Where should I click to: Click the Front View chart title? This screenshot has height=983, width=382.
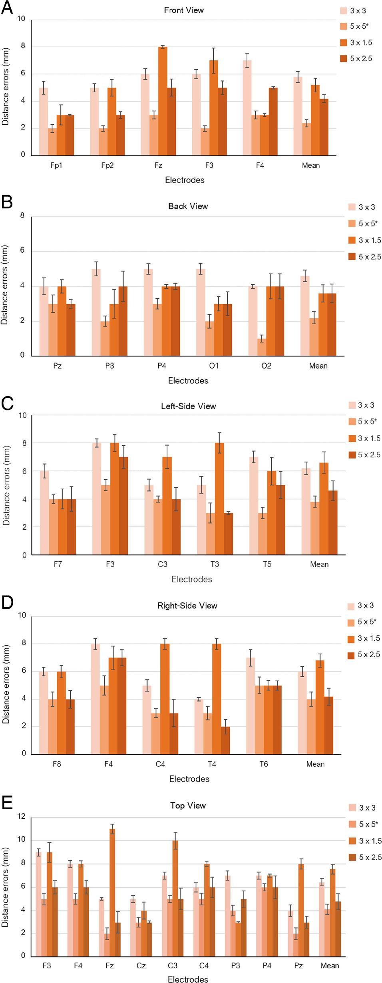(184, 10)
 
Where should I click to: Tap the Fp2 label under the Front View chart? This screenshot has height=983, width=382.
(107, 165)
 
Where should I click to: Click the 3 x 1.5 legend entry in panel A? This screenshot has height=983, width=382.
(356, 42)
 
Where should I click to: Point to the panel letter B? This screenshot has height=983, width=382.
(7, 201)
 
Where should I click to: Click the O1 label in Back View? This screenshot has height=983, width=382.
(214, 366)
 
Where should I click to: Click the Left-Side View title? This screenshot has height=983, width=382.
(188, 406)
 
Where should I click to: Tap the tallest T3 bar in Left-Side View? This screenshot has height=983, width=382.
(219, 498)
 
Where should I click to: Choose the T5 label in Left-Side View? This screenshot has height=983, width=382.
(267, 564)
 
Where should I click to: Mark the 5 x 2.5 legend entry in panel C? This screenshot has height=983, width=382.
(364, 455)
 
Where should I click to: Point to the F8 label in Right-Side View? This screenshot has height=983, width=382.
(57, 764)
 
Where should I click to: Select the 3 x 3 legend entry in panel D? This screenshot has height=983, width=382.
(361, 606)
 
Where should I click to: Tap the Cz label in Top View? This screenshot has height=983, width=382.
(141, 965)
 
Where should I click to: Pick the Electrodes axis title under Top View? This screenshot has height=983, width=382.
(188, 979)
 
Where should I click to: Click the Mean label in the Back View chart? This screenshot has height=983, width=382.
(318, 366)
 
